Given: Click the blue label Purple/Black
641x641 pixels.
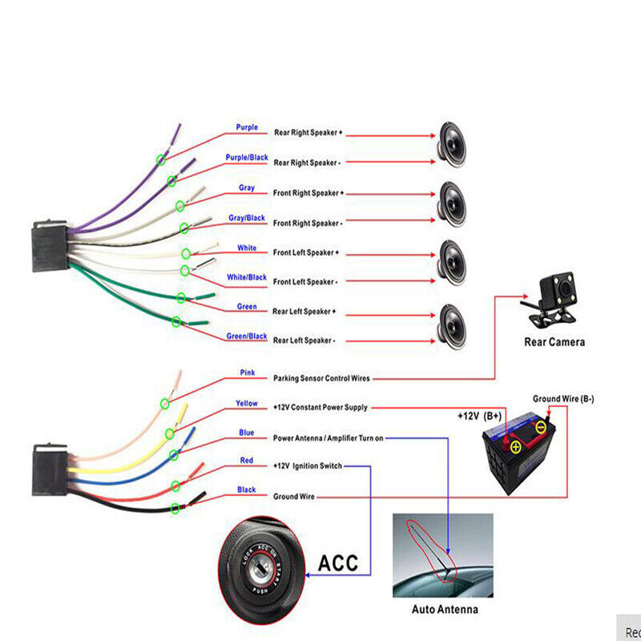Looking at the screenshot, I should coord(247,158).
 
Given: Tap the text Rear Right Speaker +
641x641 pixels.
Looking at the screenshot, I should coord(308,132).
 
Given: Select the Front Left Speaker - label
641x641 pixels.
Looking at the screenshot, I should coord(305,282).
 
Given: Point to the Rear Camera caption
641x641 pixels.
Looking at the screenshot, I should coord(554,342).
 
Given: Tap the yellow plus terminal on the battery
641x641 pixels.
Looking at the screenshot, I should coord(517,446).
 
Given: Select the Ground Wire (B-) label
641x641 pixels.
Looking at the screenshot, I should coord(563,399).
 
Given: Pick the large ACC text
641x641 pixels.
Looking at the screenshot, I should coord(338,562).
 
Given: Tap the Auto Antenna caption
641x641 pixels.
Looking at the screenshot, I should coord(445,610).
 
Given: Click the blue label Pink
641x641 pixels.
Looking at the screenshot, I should coord(247,373).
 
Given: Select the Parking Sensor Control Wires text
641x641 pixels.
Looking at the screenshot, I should coord(321,378).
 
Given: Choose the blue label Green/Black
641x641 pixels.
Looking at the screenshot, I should coord(247,337).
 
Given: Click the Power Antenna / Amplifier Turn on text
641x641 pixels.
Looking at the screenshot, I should coord(329,438).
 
